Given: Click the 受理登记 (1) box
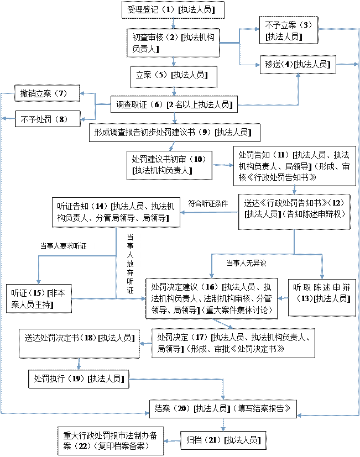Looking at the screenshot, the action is tap(173, 10).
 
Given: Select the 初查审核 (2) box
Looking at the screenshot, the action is tap(173, 43).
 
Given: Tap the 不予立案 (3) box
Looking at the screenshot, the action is tap(289, 30).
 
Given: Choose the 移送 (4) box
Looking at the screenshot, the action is tap(298, 65).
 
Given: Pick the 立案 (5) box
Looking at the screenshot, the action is tap(174, 77).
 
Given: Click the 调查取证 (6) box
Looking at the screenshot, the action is tap(174, 104).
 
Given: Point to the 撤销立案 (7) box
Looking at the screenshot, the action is tap(47, 93).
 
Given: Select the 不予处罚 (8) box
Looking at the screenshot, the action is tap(48, 119).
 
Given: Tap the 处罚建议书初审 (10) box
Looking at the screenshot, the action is tap(170, 165).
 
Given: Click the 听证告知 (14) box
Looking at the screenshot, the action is tap(116, 212).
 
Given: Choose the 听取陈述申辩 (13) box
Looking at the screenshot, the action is tap(322, 297).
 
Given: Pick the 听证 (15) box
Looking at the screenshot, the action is tap(39, 299).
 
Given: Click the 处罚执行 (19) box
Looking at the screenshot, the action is tap(79, 379).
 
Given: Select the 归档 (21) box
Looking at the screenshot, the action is tap(223, 440).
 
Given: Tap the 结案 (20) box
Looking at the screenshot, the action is tap(223, 409).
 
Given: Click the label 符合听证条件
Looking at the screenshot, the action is tap(208, 203).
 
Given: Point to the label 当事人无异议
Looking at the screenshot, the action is tap(247, 263).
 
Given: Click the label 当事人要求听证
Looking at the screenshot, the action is tap(63, 246).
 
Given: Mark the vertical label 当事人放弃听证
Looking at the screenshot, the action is tap(130, 264).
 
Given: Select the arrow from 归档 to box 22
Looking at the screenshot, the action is tap(172, 441).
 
